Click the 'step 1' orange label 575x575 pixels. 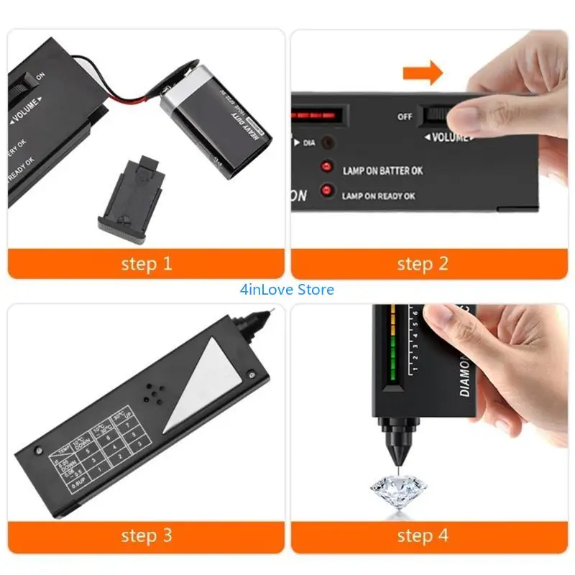tap(146, 264)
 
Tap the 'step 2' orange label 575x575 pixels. tap(423, 264)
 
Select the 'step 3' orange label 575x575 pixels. tap(146, 535)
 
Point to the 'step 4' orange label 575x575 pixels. tap(423, 535)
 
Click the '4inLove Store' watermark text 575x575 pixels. tap(287, 290)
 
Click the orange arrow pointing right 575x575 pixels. tap(423, 73)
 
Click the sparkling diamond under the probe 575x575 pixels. tap(397, 492)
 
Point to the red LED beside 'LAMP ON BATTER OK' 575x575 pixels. tap(326, 168)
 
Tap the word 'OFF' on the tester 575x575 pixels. tap(405, 116)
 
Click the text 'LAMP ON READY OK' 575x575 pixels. tap(378, 195)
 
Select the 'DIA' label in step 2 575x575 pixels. tap(308, 143)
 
